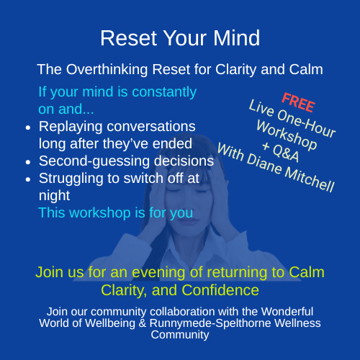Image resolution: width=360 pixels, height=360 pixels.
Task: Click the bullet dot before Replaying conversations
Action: click(x=27, y=127)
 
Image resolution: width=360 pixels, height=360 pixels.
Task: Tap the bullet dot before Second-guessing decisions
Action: click(x=27, y=161)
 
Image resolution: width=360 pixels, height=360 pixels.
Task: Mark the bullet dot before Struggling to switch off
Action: click(x=27, y=179)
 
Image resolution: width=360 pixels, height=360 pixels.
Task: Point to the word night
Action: click(x=54, y=195)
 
